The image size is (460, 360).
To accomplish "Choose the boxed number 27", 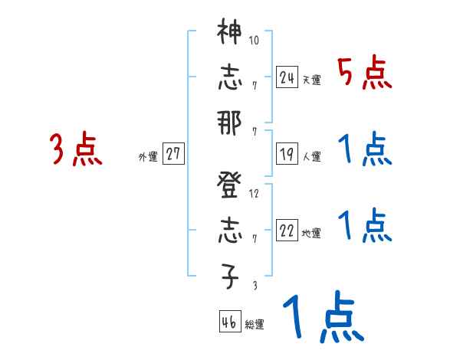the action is click(x=173, y=154).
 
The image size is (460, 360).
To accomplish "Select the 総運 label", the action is click(x=255, y=325).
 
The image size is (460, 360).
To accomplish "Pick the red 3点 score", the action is click(x=76, y=149).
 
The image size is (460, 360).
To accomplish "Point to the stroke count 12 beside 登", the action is click(x=255, y=193).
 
